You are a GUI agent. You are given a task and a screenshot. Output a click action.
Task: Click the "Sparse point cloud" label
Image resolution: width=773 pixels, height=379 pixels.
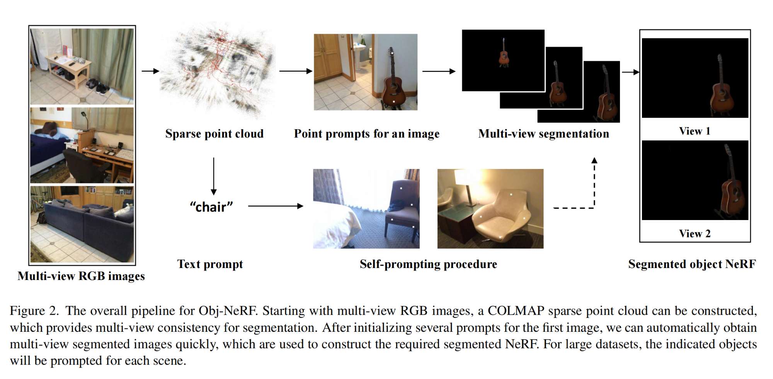coord(214,133)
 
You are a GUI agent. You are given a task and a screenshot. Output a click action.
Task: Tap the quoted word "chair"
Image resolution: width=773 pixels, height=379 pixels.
coord(211,207)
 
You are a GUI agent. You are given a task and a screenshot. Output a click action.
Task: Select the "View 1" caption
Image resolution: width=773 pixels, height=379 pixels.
coord(695,131)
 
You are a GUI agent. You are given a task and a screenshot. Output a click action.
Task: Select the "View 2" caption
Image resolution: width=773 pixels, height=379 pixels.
coord(695,234)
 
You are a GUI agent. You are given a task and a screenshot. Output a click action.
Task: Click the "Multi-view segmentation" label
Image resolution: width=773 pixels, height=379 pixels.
coord(543,133)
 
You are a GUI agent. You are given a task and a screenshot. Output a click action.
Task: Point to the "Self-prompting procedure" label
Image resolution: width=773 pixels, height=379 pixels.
coord(428,264)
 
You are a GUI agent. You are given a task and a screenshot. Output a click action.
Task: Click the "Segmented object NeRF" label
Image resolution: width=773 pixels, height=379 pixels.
coord(692,264)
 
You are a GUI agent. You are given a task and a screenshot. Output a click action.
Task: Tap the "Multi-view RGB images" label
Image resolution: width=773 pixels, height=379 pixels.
coord(81,276)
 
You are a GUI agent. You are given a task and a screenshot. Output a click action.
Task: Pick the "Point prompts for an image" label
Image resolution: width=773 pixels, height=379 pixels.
coord(366,133)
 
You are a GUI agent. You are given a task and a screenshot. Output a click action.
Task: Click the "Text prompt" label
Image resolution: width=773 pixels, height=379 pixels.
coord(210,264)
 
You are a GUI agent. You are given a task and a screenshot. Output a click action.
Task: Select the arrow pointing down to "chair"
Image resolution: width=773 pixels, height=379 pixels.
coord(213,176)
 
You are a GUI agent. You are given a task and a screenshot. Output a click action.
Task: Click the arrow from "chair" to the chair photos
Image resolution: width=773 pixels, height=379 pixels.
coord(275,206)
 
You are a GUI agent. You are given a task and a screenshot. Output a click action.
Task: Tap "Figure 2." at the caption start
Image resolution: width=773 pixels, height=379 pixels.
coord(34,311)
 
